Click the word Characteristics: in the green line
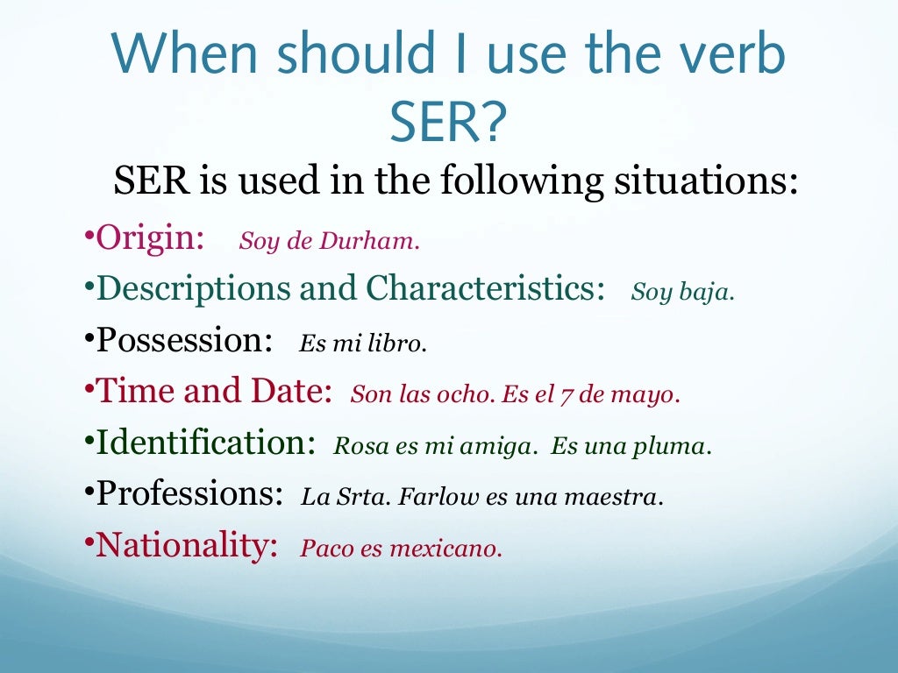click(485, 288)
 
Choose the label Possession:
click(184, 340)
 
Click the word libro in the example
click(399, 344)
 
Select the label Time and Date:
click(214, 391)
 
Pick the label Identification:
click(205, 442)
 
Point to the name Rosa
click(354, 447)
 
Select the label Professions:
click(189, 493)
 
